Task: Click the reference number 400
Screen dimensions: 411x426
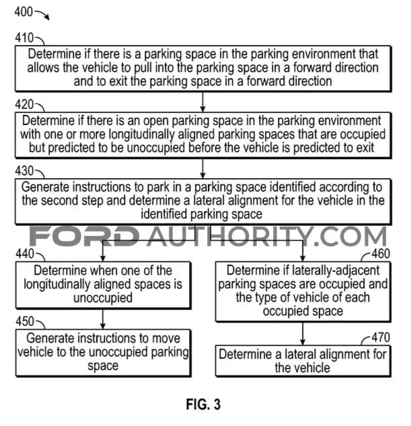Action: click(24, 11)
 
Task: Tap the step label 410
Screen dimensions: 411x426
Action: click(24, 38)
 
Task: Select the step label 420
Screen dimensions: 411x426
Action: click(24, 104)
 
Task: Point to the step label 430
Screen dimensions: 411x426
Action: click(24, 171)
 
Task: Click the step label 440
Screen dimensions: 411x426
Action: click(25, 254)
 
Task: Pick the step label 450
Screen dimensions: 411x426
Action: click(25, 321)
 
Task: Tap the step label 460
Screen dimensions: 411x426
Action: click(381, 254)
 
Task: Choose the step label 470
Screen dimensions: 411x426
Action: click(381, 337)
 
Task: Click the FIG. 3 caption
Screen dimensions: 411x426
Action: click(203, 404)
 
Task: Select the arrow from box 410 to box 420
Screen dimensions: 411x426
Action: click(202, 102)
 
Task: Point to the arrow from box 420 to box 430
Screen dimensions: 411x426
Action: click(202, 169)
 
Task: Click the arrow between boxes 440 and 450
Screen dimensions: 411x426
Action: click(103, 319)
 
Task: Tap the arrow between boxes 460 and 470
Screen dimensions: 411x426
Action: click(303, 334)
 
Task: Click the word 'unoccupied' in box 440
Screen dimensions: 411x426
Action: click(103, 298)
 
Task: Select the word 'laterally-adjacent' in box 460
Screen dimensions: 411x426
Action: click(336, 271)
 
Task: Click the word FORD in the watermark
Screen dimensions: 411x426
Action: click(84, 237)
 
